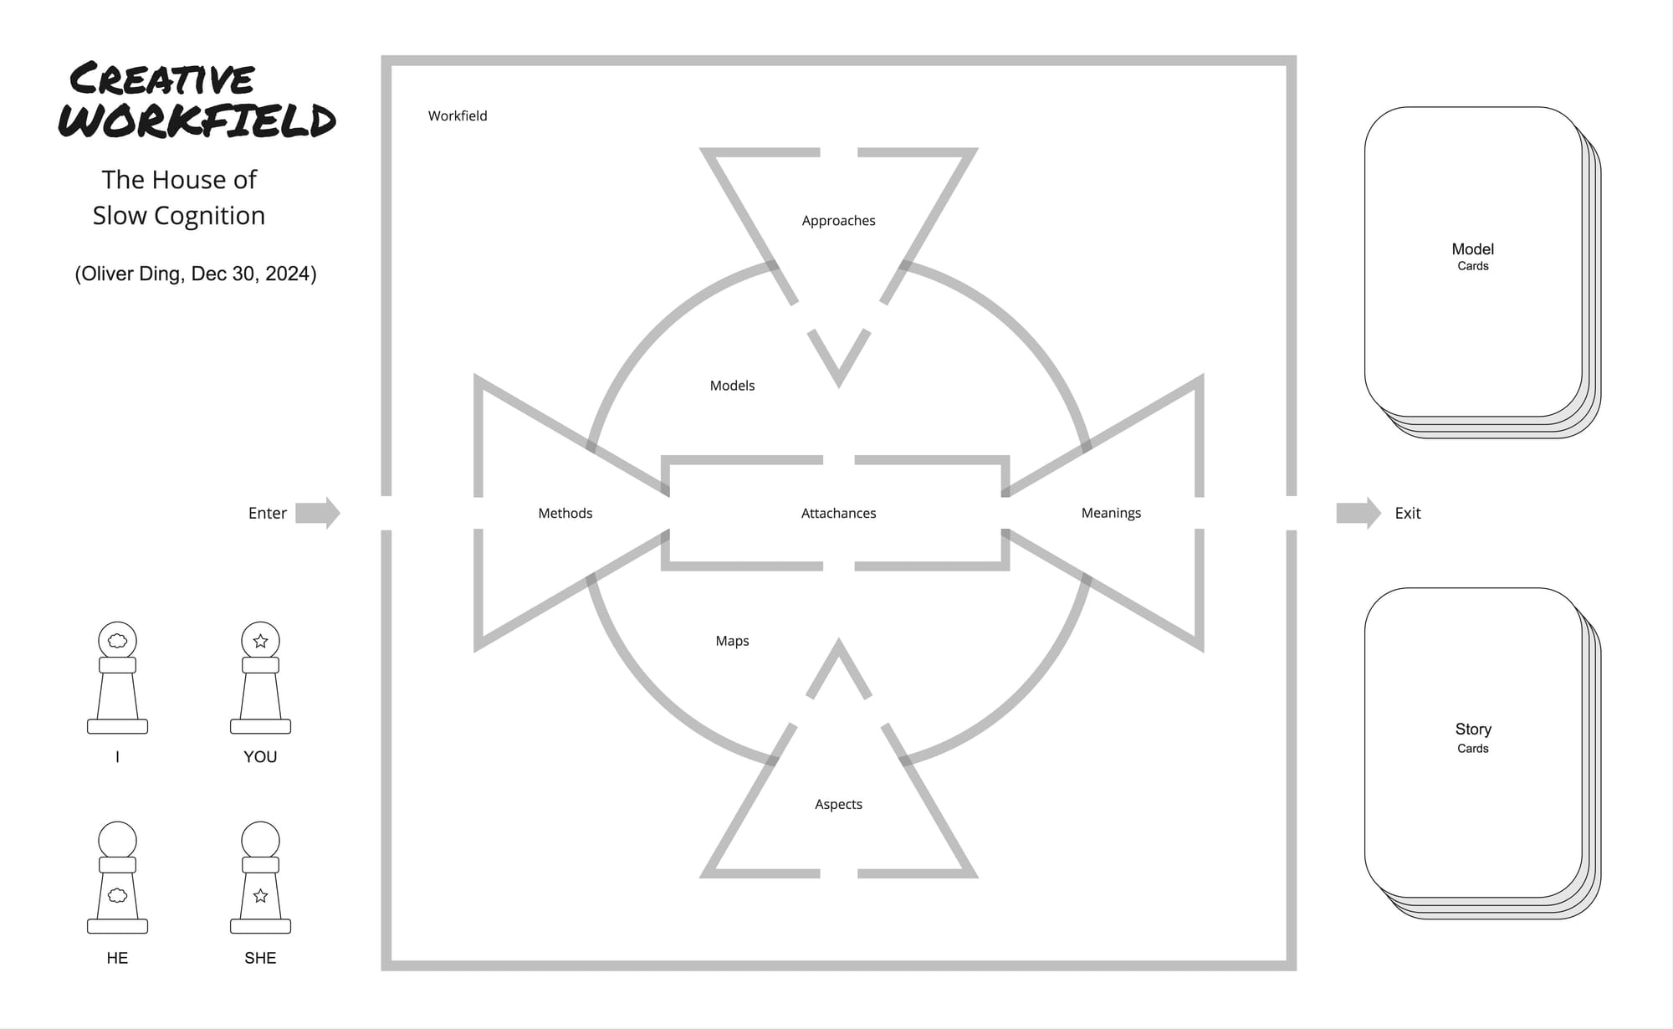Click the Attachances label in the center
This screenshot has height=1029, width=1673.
(838, 513)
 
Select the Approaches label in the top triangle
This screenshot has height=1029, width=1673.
(838, 221)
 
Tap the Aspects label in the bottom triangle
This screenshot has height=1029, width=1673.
(838, 804)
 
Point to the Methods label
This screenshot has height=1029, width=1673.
(565, 513)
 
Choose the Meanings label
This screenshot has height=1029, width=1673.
(1111, 513)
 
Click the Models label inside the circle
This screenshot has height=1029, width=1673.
(732, 386)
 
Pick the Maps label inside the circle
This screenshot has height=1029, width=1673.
(732, 641)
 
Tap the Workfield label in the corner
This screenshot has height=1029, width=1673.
(458, 115)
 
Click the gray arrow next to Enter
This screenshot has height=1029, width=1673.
(318, 513)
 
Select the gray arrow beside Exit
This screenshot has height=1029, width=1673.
(1358, 513)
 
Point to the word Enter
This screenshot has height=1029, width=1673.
(268, 513)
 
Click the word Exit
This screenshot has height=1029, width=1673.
(1408, 513)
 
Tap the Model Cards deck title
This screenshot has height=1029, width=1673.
(1473, 256)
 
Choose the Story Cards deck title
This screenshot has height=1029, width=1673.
(1473, 737)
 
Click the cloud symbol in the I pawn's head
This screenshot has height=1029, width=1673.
(118, 641)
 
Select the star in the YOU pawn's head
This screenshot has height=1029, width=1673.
(260, 641)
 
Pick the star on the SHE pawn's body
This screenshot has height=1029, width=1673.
(260, 896)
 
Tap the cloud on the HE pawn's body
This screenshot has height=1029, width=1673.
(118, 895)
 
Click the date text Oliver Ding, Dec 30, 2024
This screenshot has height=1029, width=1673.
(196, 274)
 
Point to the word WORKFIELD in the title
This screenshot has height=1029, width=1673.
(197, 120)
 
